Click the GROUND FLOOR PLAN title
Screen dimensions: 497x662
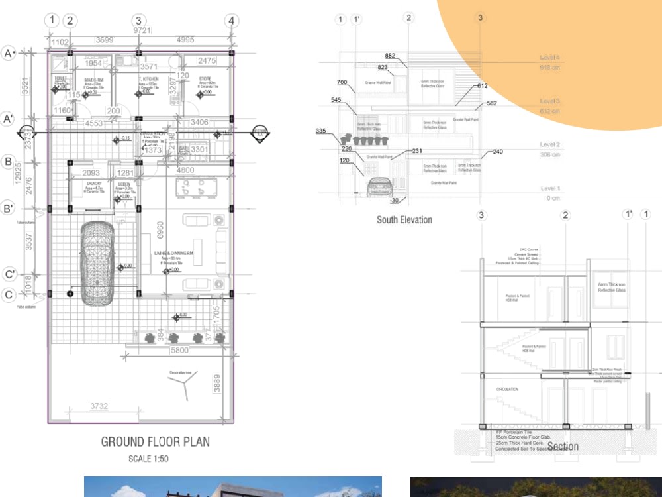(x=155, y=441)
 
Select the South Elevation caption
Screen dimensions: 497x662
(x=404, y=219)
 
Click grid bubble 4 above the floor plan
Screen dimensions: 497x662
(x=231, y=21)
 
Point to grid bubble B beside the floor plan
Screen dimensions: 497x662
(x=9, y=161)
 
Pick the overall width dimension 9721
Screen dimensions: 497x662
(x=140, y=30)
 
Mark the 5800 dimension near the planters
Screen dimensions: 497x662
(x=179, y=350)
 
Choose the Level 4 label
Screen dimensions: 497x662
(x=550, y=58)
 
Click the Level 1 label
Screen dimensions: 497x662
(x=550, y=189)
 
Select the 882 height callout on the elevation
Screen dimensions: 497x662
(x=390, y=56)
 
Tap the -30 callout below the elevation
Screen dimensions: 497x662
(x=394, y=200)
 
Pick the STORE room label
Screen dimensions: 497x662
(x=205, y=79)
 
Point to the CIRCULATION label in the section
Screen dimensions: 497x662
(x=507, y=389)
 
